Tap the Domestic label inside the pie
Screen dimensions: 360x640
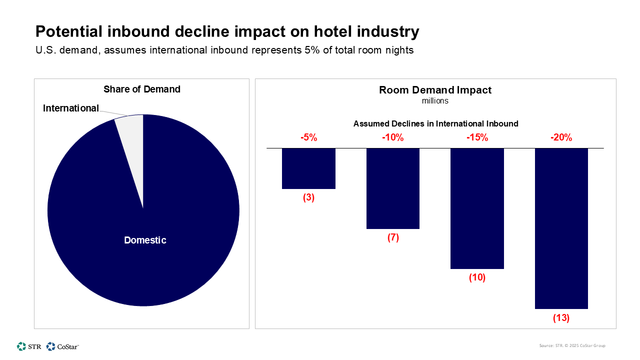(145, 240)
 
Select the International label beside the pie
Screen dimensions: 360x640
(71, 108)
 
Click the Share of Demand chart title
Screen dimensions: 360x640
(142, 89)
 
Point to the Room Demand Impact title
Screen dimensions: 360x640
(435, 90)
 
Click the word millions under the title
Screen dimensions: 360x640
(435, 101)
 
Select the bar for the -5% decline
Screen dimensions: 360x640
(308, 168)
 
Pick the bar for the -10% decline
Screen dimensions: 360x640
(393, 188)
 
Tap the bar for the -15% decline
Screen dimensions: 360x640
(477, 208)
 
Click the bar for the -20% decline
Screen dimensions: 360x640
(561, 228)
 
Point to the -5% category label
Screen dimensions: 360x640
(308, 137)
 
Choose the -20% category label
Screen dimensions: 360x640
(561, 137)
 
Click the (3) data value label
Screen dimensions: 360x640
(308, 197)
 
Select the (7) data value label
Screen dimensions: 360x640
(393, 237)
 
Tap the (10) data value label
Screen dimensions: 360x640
(477, 278)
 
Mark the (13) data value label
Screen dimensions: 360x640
(561, 318)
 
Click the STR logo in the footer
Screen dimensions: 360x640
(29, 346)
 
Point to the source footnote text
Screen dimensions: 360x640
(572, 345)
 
